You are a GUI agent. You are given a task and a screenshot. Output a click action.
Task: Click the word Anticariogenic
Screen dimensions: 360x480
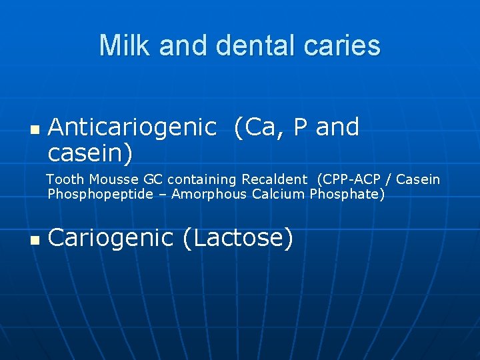click(132, 127)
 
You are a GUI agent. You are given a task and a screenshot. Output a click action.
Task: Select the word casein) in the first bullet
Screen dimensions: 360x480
click(90, 153)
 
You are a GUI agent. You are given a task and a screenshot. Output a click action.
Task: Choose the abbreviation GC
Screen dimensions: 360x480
click(154, 179)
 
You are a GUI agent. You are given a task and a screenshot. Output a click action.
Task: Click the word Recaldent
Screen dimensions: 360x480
click(274, 179)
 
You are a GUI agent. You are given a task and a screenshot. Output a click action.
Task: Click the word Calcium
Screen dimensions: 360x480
click(279, 195)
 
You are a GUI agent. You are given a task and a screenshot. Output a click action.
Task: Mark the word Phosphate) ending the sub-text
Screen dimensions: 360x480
click(347, 195)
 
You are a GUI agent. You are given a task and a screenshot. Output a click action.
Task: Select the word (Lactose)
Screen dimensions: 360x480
click(238, 237)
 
